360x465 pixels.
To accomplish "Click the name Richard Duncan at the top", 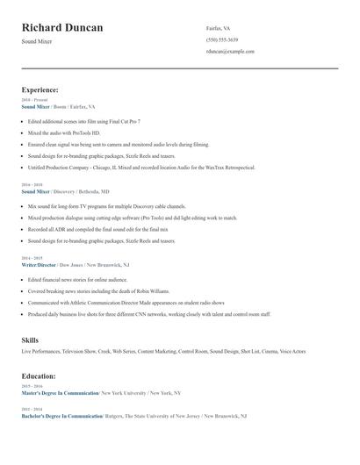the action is click(62, 28).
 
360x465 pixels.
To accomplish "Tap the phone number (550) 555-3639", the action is click(222, 39).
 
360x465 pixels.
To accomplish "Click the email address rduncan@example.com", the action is click(230, 52).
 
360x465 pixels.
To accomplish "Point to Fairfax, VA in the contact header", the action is click(219, 28).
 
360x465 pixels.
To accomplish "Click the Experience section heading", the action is click(40, 89).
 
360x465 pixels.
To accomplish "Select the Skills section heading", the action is click(30, 339).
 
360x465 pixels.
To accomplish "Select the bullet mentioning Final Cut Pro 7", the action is click(84, 121).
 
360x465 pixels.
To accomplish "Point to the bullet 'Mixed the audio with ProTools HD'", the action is click(70, 132).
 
